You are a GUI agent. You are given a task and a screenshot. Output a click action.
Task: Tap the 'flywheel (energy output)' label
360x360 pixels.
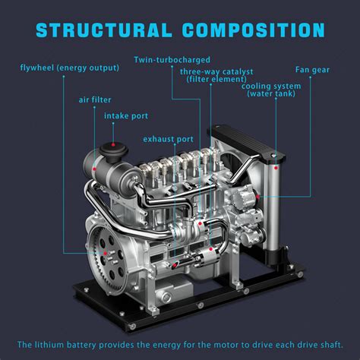70,68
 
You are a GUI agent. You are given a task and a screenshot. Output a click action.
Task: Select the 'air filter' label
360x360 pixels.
95,99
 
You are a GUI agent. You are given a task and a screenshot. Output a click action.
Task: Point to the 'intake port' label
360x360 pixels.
126,116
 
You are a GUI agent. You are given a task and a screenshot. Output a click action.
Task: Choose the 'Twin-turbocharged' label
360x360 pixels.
172,59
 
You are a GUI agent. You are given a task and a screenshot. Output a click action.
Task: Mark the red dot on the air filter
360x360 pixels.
115,144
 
